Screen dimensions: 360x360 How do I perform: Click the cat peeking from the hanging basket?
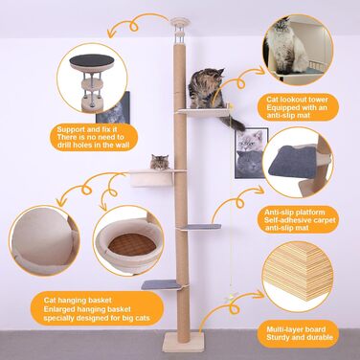tap(159, 162)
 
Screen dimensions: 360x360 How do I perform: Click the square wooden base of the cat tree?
tap(183, 342)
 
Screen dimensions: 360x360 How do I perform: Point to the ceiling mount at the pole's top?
tap(180, 22)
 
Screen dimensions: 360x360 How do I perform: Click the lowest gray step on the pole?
tap(161, 284)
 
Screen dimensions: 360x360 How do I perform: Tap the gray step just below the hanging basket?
tap(203, 227)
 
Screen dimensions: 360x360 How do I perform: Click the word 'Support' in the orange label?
tap(71, 129)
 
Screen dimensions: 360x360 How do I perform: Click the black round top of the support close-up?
tap(92, 60)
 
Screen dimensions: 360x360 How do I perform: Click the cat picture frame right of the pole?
tap(251, 153)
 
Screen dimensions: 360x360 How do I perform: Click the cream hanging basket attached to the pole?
tap(152, 178)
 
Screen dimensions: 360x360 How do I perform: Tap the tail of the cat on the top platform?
tap(233, 124)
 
